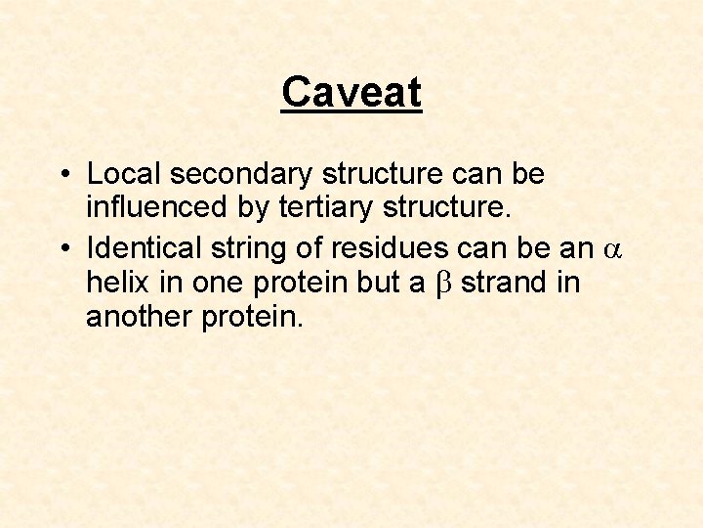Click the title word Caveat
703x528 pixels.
point(351,93)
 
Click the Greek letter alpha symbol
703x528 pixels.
point(613,250)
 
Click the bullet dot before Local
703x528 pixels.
point(62,175)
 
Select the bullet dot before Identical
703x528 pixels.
point(62,249)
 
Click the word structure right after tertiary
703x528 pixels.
point(436,207)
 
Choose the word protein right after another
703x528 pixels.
point(252,316)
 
